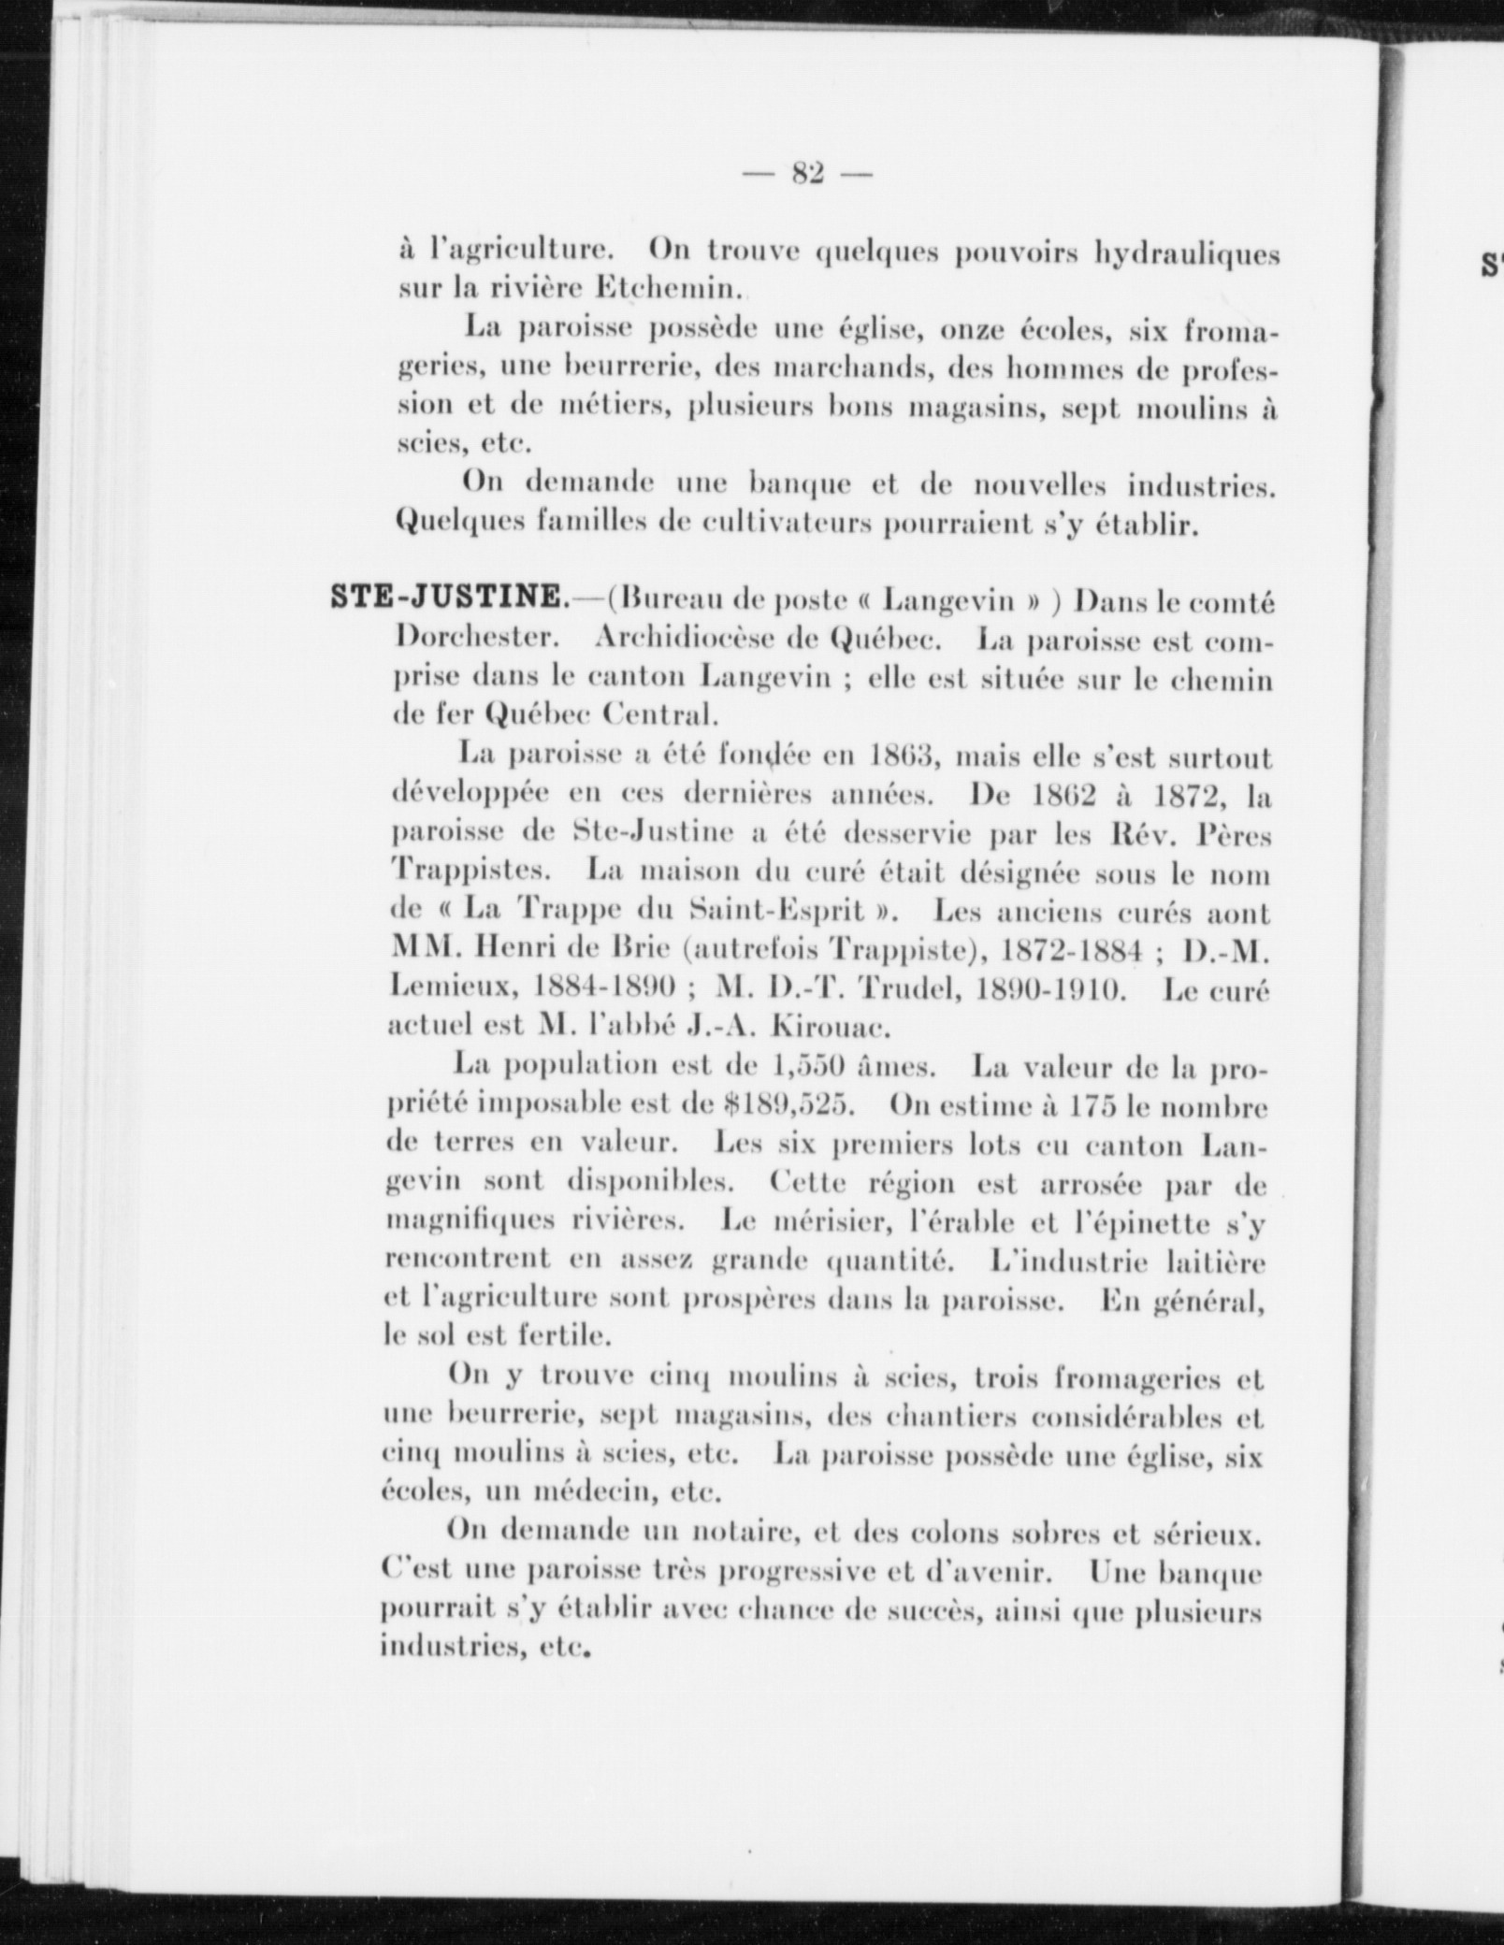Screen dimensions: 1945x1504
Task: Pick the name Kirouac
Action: click(x=826, y=1026)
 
